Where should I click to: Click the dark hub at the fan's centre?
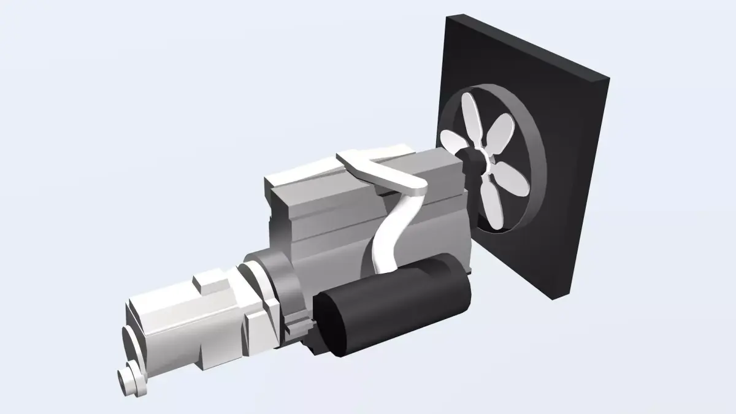(x=473, y=160)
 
